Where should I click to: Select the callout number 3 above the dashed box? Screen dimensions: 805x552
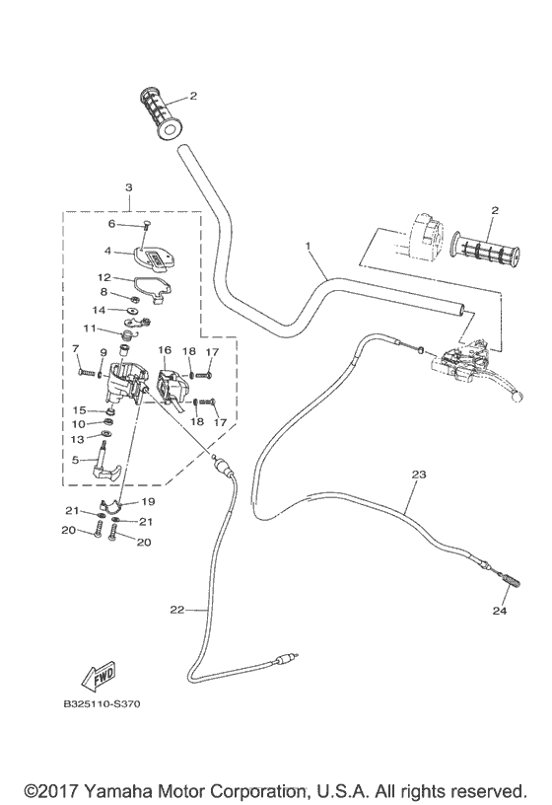tap(128, 187)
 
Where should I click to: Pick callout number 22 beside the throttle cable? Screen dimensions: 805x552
tap(176, 610)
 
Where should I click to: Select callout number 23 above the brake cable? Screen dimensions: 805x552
tap(418, 475)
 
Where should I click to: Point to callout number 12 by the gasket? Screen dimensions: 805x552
tap(104, 278)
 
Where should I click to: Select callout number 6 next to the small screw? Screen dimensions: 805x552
tap(111, 224)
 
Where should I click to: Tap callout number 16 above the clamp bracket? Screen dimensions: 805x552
tap(165, 350)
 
